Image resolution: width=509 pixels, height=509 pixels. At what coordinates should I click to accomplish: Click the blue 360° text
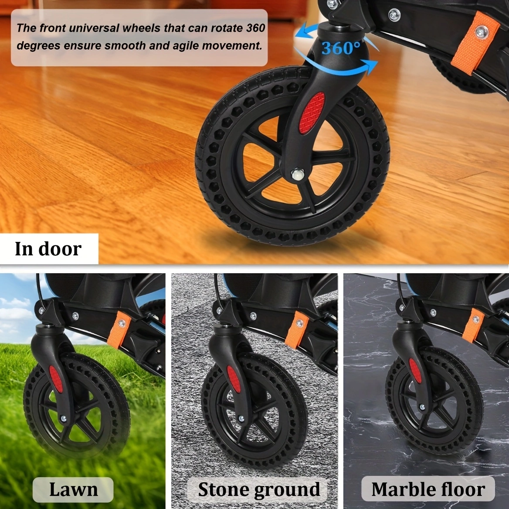coord(341,48)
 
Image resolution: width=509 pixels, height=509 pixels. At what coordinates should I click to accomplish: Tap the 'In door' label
coord(48,249)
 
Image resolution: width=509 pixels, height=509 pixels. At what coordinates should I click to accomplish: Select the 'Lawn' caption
coord(73,489)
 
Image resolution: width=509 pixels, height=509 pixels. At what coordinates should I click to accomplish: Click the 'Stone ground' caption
coord(259,489)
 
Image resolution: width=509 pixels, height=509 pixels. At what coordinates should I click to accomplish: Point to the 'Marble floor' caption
coord(428,489)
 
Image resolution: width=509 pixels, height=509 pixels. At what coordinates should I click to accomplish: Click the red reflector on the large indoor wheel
coord(312,113)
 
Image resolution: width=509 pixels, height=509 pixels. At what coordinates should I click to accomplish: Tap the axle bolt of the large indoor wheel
coord(298,175)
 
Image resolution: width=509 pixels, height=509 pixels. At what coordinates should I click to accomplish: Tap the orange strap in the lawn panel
coord(119,329)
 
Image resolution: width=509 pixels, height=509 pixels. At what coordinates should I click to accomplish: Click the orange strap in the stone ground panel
coord(297,329)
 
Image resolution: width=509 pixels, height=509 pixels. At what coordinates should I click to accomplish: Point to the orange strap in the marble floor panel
coord(473,325)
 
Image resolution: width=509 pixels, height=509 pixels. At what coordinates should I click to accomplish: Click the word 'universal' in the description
coord(94,28)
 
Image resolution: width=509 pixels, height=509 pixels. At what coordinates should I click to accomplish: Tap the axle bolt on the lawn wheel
coord(63,419)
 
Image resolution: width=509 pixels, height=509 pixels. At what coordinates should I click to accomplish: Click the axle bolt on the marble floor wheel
coord(422,407)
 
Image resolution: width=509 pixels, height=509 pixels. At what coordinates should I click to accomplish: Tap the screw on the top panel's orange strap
coord(482,32)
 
